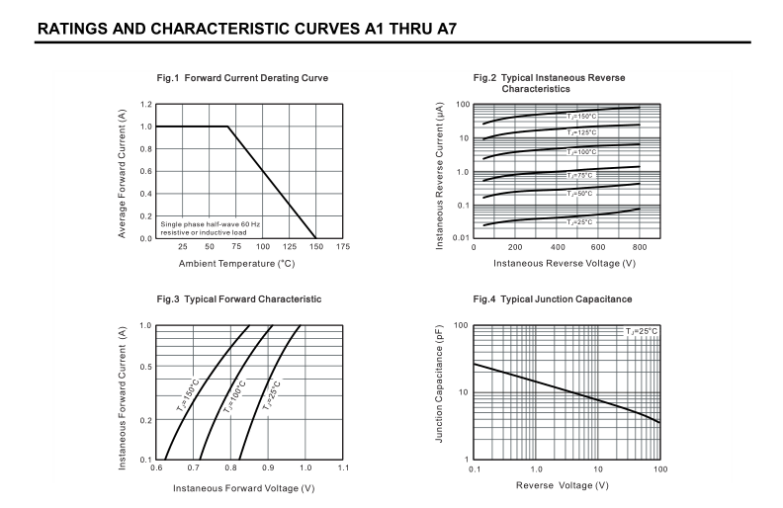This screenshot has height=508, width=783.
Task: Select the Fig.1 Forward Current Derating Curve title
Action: (x=242, y=78)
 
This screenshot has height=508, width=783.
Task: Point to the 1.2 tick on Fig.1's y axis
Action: (x=145, y=104)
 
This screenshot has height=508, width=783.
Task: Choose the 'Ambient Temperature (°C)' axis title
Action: (x=237, y=263)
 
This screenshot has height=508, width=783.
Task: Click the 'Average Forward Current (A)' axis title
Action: (x=122, y=171)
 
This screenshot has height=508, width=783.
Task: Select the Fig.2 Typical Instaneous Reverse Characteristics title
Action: (x=549, y=83)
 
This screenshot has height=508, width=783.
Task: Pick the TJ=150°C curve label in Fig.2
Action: (x=582, y=117)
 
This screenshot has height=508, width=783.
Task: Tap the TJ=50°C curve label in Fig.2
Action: (x=580, y=194)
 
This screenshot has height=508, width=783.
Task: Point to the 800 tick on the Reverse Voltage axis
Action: (x=640, y=247)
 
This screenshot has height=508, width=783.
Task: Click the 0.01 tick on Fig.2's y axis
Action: (x=459, y=238)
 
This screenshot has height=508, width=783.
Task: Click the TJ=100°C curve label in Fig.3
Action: (x=236, y=396)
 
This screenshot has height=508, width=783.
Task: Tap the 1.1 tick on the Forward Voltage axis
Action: (x=343, y=467)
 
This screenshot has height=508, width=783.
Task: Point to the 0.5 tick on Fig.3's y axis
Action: (x=145, y=367)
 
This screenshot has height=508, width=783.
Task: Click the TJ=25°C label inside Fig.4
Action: (x=641, y=331)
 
